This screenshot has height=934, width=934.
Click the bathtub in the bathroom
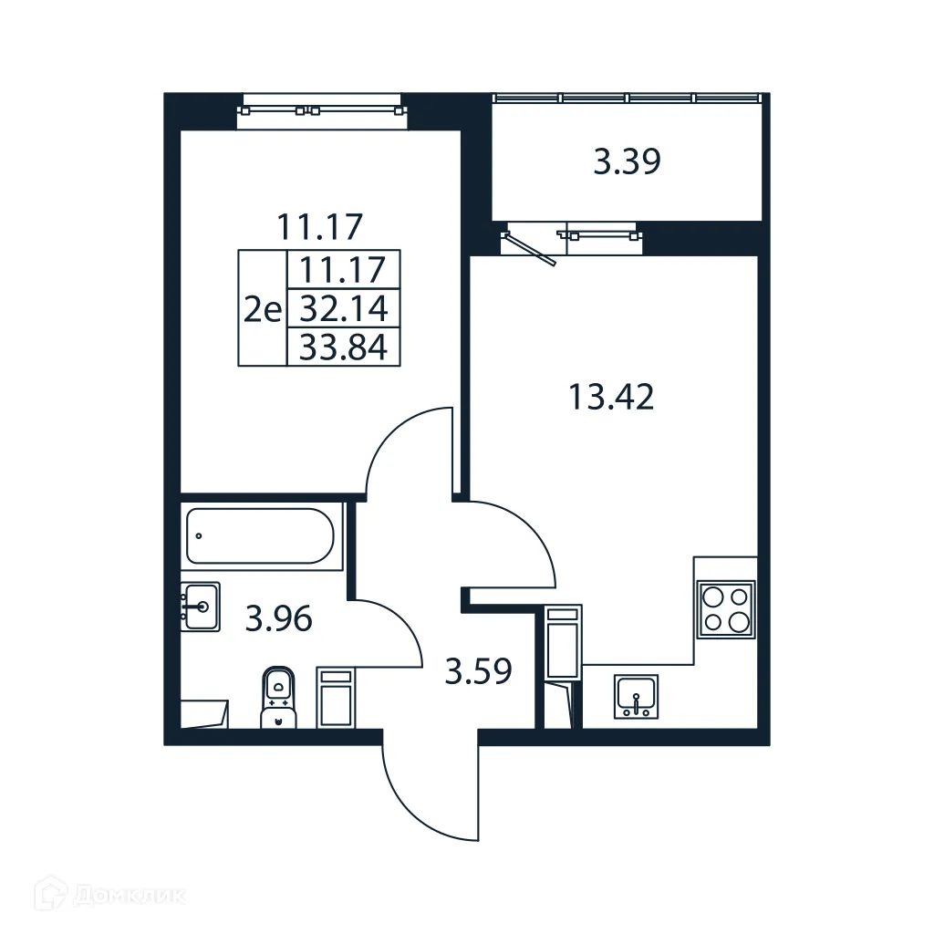point(262,535)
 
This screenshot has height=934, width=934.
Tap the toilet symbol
point(278,697)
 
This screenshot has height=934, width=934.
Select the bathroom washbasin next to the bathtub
point(200,607)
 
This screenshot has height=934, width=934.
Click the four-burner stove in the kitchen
point(726,609)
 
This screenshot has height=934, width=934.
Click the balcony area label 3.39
point(627,162)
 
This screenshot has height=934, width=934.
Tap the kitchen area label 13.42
point(610,398)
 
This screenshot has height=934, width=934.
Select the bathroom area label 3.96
point(278,620)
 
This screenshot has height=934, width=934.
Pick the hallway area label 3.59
point(477,672)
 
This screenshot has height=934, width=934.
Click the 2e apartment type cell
point(263,309)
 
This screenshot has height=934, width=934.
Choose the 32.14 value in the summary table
point(344,309)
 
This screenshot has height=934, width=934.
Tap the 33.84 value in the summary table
point(344,348)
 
